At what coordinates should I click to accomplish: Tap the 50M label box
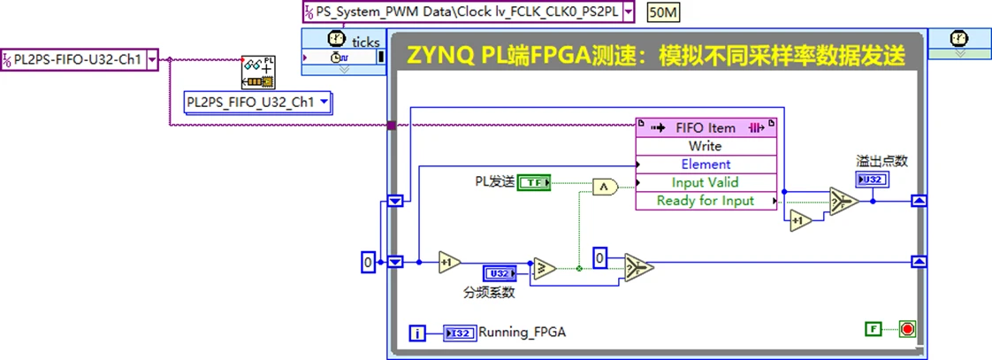(664, 11)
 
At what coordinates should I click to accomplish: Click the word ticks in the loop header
(365, 41)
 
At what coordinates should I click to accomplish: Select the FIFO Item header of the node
(705, 127)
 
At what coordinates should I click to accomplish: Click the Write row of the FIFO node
(705, 146)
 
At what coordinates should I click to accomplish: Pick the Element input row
(705, 164)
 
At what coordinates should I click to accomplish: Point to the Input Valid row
(705, 182)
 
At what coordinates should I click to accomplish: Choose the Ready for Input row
(705, 201)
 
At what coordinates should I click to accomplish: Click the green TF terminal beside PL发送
(534, 182)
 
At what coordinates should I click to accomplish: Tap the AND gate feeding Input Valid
(604, 185)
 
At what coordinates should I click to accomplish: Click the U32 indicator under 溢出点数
(872, 180)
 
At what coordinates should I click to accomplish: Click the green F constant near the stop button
(873, 329)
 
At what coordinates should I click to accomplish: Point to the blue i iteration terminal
(418, 333)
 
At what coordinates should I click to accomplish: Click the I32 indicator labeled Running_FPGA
(460, 333)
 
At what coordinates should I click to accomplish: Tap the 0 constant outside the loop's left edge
(369, 262)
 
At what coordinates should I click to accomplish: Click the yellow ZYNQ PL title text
(655, 56)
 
